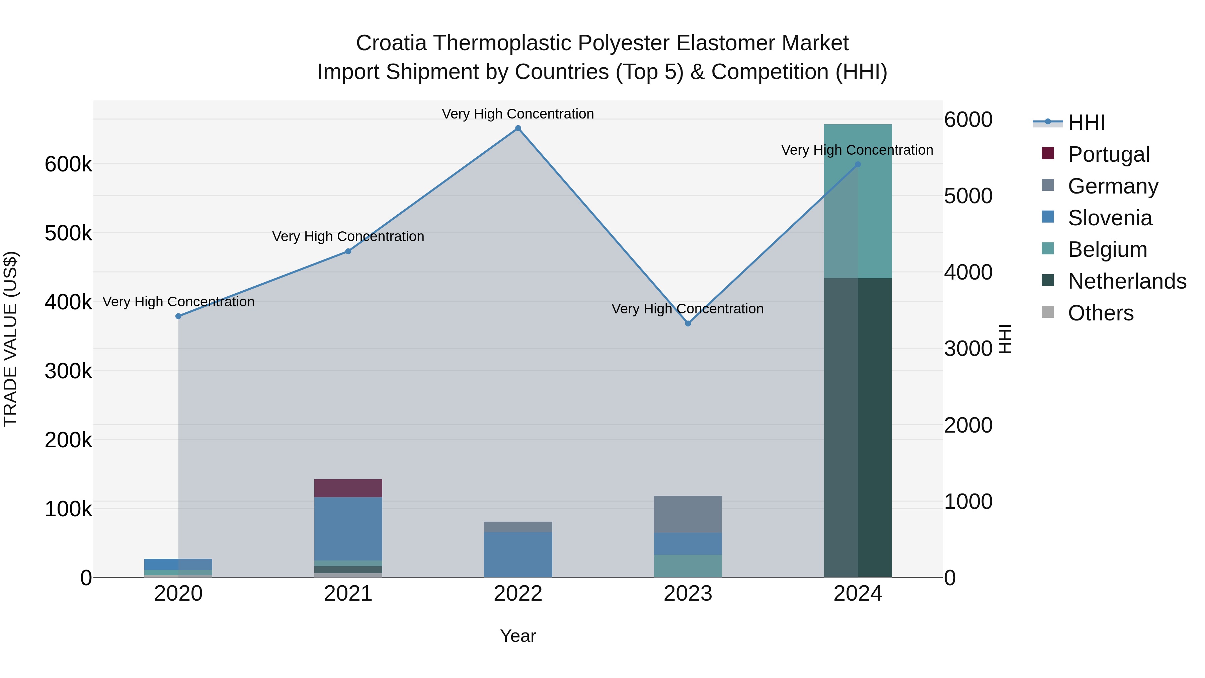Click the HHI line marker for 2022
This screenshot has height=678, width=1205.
pos(518,128)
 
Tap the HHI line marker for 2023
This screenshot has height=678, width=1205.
pos(688,323)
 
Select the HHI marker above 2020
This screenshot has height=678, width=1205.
pos(178,316)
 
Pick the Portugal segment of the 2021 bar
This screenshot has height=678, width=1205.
pos(348,488)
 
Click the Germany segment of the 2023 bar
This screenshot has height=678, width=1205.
pos(688,514)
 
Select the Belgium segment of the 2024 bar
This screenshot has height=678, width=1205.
pos(858,201)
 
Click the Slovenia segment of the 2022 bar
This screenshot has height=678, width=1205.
pos(518,554)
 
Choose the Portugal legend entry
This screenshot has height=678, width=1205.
pos(1108,154)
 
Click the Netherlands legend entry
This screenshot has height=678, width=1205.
pos(1127,281)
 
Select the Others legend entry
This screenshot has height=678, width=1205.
pos(1100,313)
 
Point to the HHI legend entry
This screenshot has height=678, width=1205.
pos(1086,123)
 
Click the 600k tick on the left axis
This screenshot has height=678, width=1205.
pos(68,164)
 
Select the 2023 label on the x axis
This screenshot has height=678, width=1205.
pos(688,594)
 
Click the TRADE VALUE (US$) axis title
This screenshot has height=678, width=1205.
pos(10,339)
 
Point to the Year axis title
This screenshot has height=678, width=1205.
pos(518,636)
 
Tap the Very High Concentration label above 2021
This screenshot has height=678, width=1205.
pos(348,236)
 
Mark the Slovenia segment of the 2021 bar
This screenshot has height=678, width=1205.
pos(348,529)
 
